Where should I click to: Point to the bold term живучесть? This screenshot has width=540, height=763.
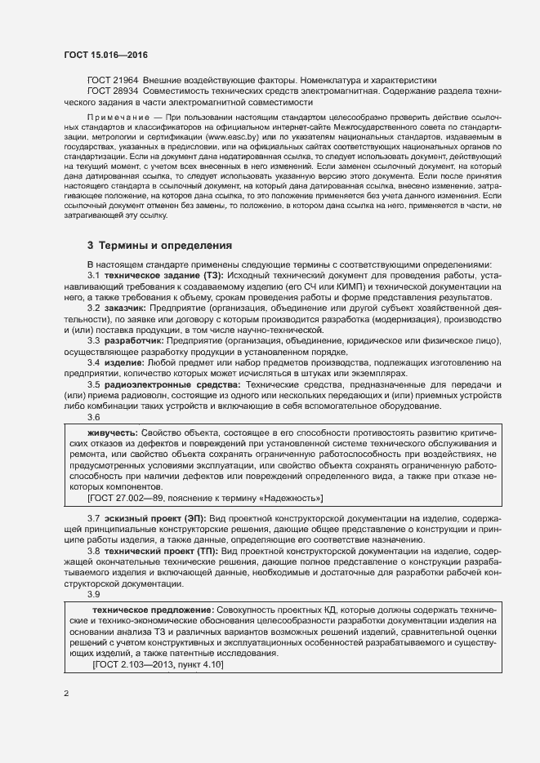pos(112,433)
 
